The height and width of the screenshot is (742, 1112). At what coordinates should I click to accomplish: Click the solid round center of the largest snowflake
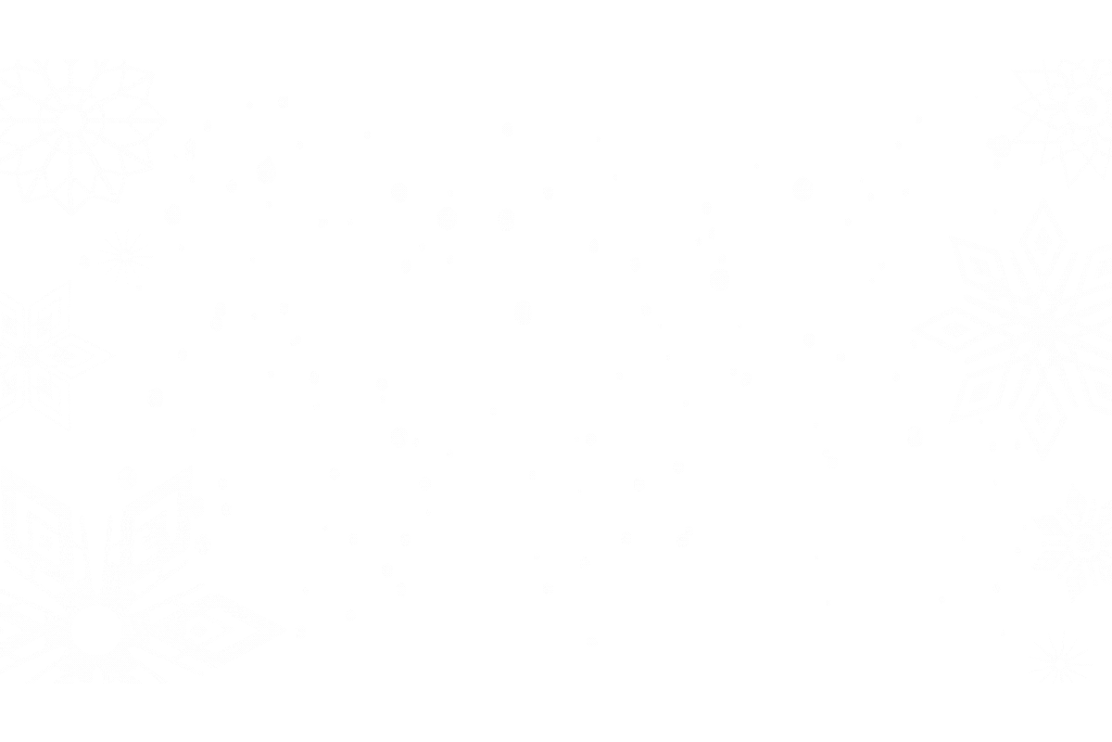95,629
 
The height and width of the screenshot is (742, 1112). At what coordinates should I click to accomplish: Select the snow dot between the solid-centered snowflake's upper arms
127,479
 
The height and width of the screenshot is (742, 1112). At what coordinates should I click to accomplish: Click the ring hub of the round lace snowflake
71,122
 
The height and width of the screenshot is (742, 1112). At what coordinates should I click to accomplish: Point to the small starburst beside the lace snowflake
124,256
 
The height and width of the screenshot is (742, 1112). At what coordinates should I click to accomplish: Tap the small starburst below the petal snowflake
1059,659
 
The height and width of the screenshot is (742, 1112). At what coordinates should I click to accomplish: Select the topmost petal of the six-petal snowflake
1076,501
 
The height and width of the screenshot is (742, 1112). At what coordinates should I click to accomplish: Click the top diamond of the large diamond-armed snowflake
1044,237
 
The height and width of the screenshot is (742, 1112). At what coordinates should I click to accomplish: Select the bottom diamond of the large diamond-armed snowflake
1044,422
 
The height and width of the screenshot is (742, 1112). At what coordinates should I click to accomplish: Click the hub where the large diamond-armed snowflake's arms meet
1042,329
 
